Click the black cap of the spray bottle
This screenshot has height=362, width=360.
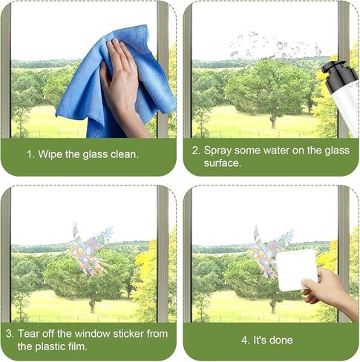coord(340,73)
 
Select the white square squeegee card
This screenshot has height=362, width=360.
coord(297,270)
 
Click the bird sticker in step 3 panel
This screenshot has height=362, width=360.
coord(91,249)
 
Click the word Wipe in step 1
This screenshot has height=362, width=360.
coord(50,154)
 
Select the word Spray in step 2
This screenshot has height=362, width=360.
coord(217,151)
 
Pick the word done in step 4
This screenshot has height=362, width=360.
coord(281,340)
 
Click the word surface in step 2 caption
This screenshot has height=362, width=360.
coord(222,163)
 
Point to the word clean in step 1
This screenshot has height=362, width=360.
coord(125,154)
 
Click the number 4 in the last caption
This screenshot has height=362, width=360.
coord(245,340)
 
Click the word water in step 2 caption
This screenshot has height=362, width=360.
coord(276,151)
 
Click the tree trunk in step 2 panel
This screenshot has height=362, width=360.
coord(273,121)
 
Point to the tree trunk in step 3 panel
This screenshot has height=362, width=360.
coord(93,306)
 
